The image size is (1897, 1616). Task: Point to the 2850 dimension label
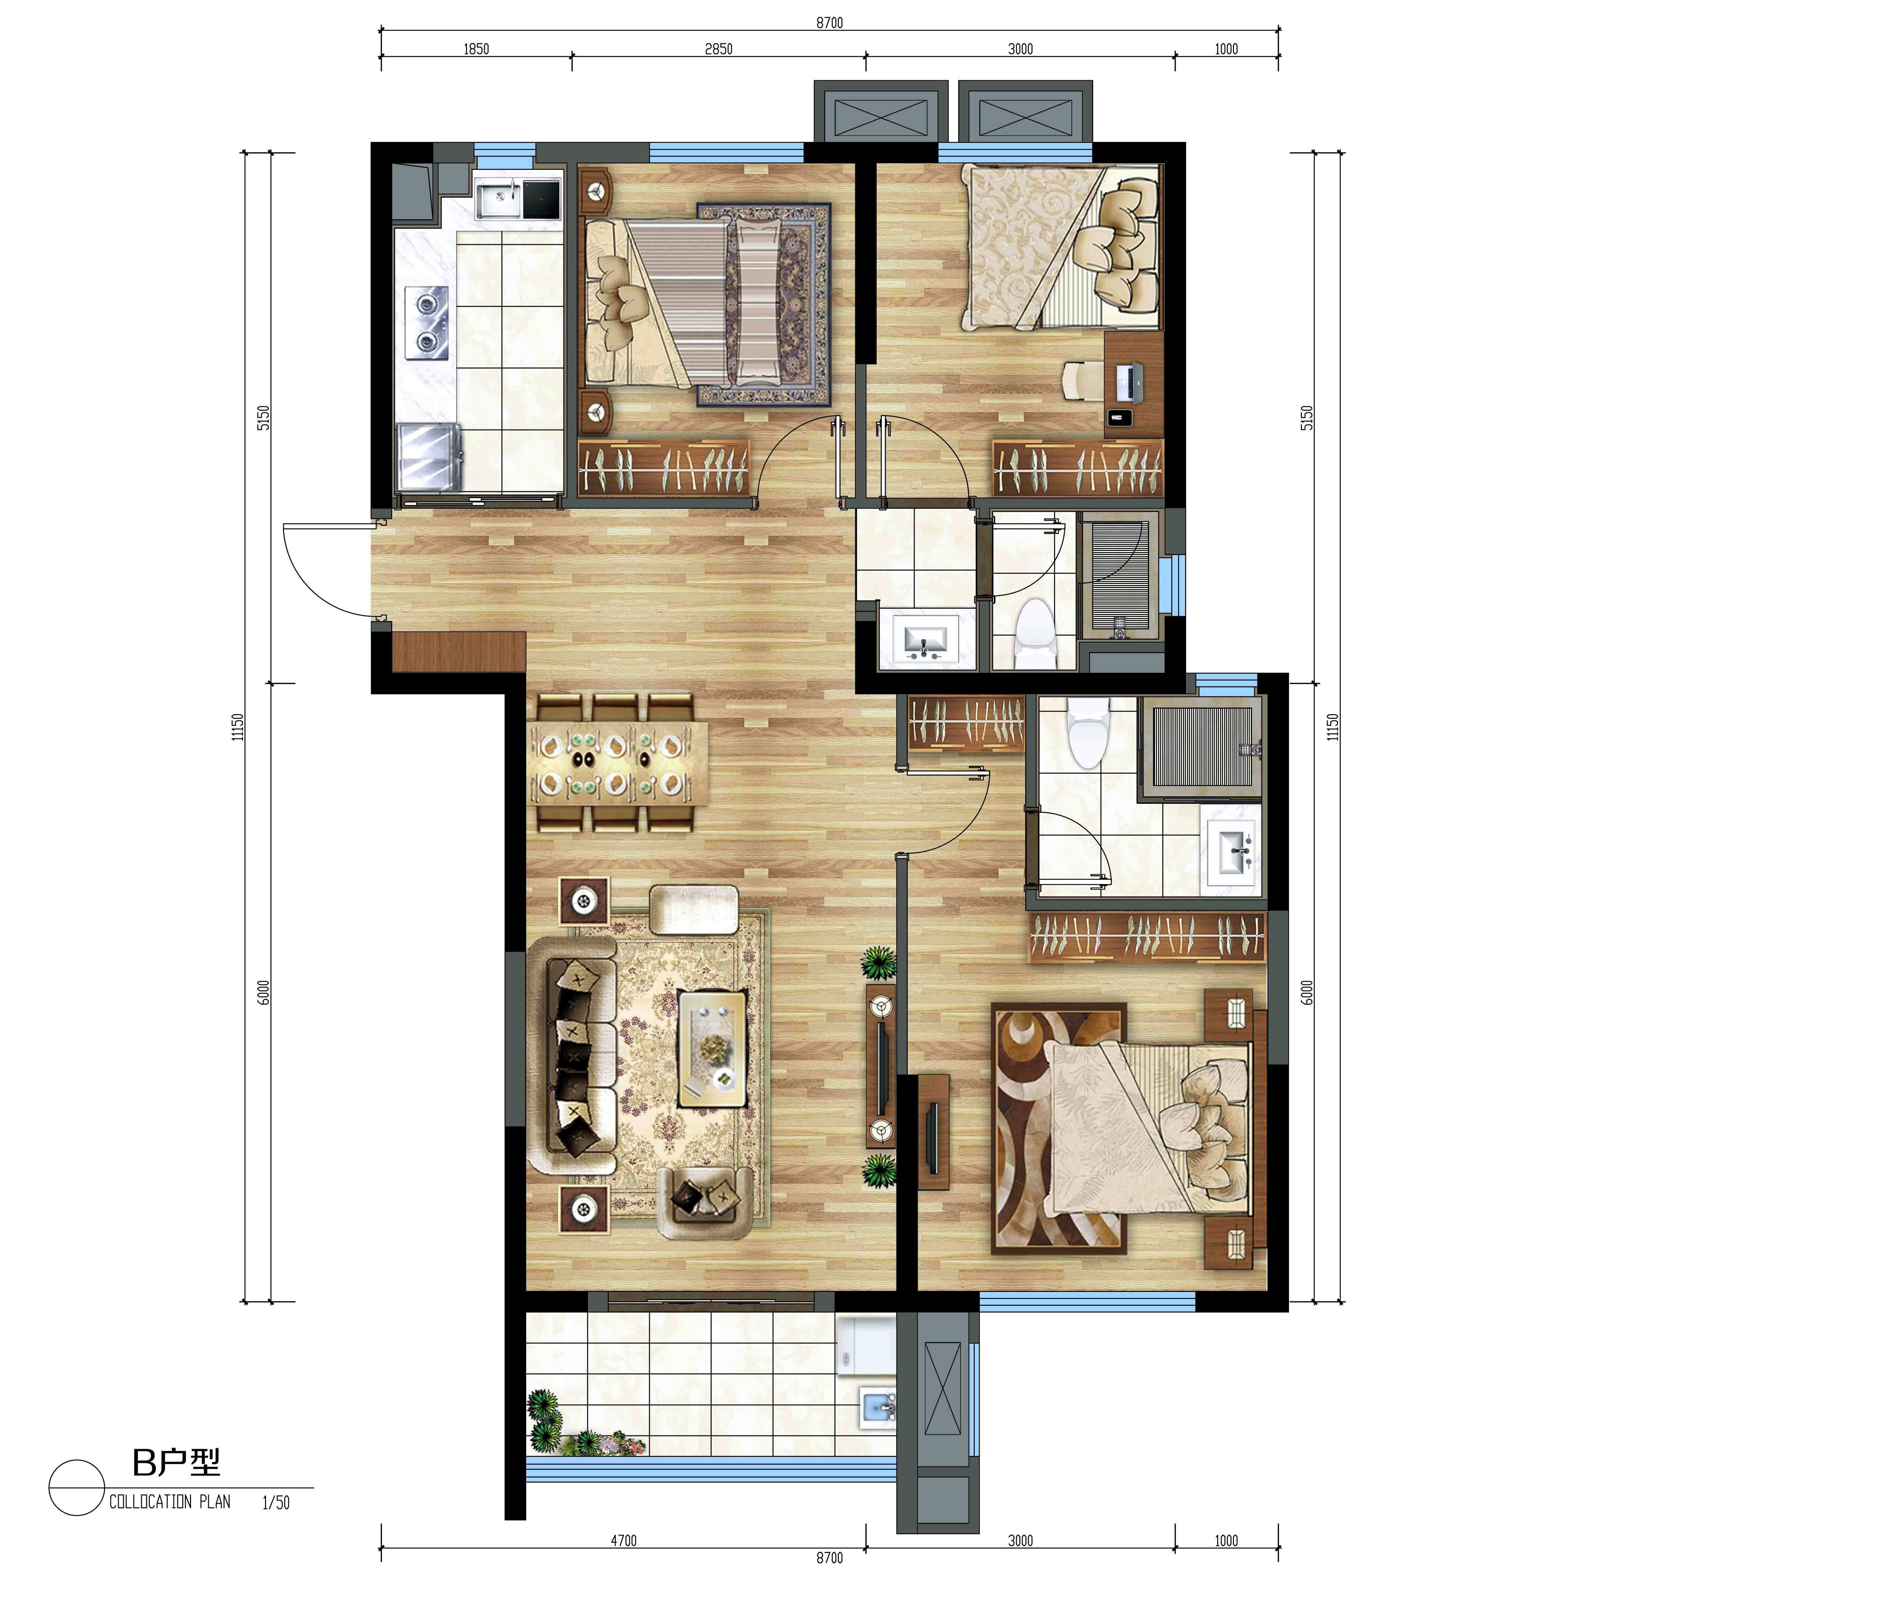[719, 49]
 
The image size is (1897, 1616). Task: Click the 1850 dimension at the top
[476, 49]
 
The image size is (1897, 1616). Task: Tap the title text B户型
[177, 1463]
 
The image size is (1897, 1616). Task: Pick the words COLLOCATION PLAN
[170, 1502]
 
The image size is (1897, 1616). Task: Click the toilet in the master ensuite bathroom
[1090, 732]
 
